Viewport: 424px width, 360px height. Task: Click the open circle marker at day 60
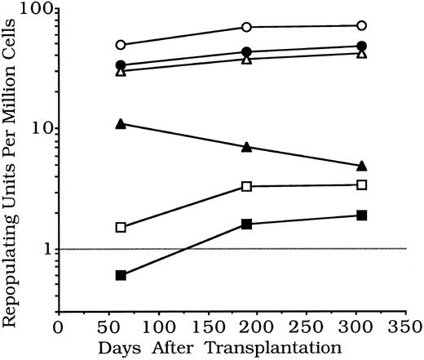pos(121,45)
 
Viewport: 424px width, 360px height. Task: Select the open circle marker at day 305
pos(361,26)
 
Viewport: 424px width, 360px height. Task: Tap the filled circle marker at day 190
pos(246,52)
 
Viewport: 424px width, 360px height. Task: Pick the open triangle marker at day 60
pos(121,71)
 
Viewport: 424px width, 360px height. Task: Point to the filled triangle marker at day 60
pos(121,124)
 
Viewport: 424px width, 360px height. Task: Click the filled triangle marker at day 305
pos(361,166)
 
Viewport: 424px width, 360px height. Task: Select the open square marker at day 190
pos(246,187)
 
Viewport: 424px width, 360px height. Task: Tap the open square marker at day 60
pos(121,227)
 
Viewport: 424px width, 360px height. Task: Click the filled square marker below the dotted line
pos(121,276)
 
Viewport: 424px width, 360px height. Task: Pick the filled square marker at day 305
pos(361,216)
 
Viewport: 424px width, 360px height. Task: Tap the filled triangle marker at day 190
pos(246,147)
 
